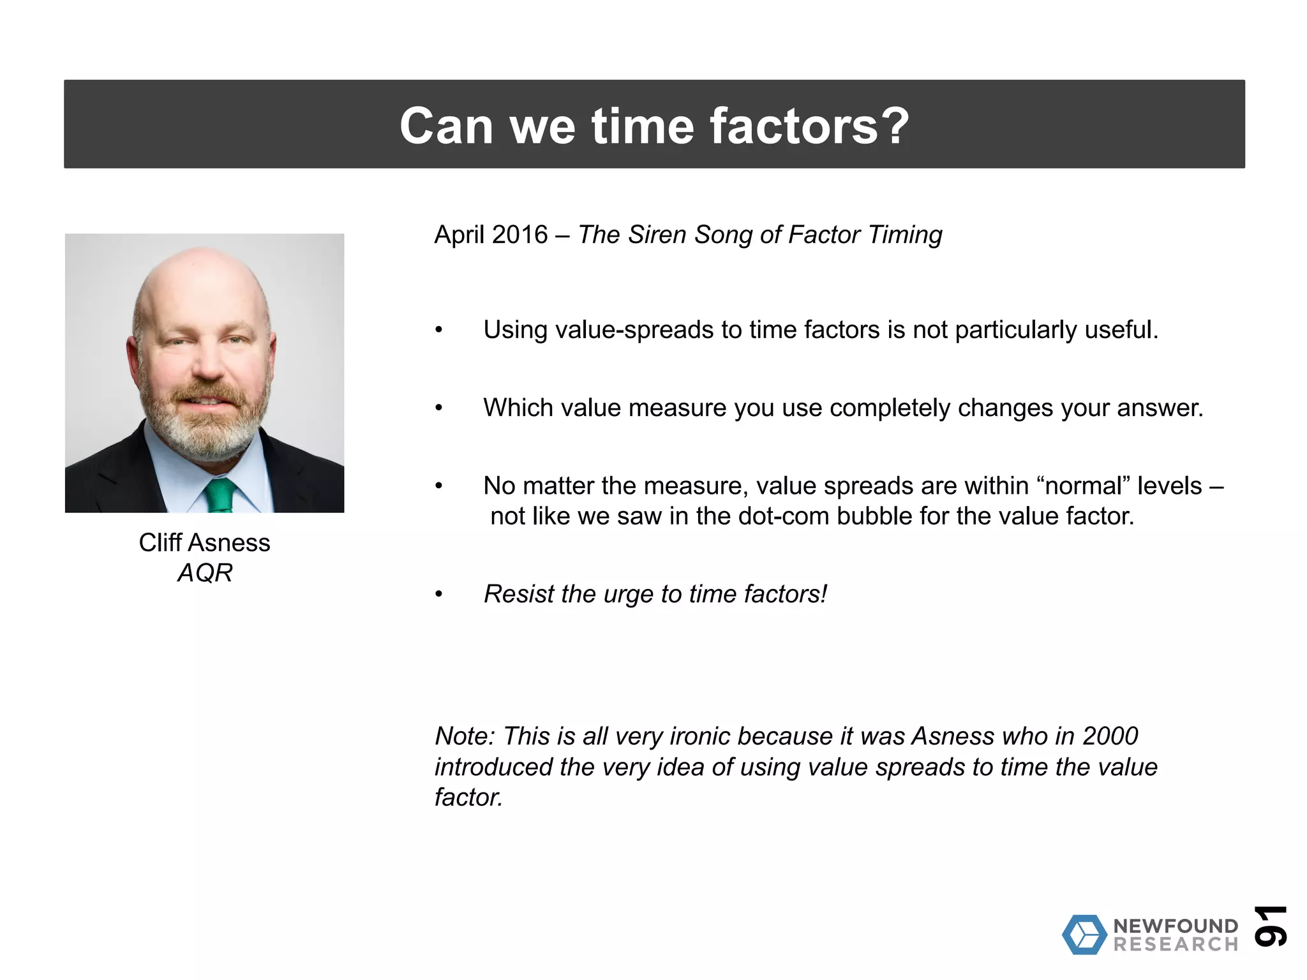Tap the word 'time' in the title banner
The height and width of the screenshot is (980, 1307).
coord(643,126)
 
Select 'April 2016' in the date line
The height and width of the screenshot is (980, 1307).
coord(491,235)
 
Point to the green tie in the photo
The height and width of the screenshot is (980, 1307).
coord(220,496)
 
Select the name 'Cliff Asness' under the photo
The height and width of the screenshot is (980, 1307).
coord(204,543)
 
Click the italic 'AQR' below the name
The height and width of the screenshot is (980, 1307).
coord(204,573)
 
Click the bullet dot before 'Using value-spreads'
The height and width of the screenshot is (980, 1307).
coord(438,330)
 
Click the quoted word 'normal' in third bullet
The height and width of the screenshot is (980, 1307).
coord(1088,486)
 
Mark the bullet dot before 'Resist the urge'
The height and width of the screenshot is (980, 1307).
coord(438,595)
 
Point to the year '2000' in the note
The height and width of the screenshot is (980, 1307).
coord(1110,736)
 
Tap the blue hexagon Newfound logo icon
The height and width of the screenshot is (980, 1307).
coord(1084,935)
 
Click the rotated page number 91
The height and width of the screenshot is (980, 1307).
coord(1270,926)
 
